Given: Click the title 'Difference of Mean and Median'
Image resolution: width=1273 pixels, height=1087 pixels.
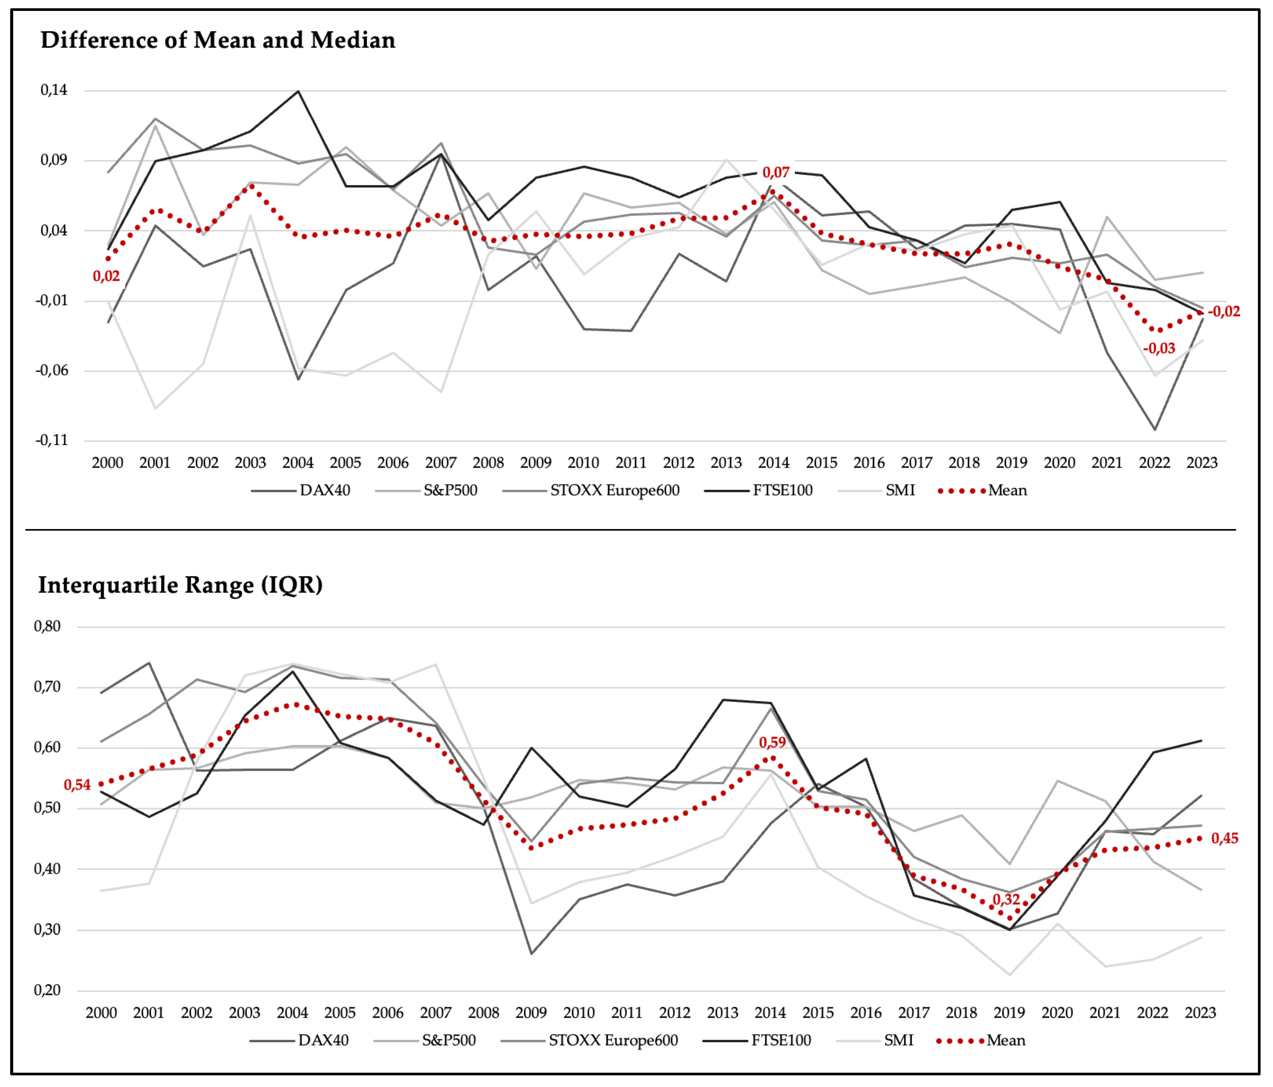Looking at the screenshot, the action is pyautogui.click(x=218, y=40).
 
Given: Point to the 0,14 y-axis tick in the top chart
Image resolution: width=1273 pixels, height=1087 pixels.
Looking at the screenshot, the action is pyautogui.click(x=54, y=90).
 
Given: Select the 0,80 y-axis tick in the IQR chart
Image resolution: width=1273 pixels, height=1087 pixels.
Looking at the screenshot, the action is pyautogui.click(x=47, y=626).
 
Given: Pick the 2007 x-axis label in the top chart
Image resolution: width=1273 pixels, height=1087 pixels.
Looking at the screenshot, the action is pyautogui.click(x=441, y=463).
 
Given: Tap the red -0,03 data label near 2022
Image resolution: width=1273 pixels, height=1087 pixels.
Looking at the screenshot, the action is pyautogui.click(x=1159, y=348).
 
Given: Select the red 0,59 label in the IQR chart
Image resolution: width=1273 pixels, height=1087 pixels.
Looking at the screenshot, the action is pyautogui.click(x=772, y=742).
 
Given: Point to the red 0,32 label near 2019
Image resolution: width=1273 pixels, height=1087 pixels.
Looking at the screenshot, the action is pyautogui.click(x=1006, y=899).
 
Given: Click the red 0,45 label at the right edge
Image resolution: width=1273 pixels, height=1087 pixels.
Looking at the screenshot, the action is pyautogui.click(x=1224, y=838).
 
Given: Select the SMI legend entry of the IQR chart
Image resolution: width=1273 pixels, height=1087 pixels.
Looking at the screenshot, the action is pyautogui.click(x=875, y=1040).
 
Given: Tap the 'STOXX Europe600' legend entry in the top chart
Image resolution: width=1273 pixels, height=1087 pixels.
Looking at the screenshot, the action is pyautogui.click(x=591, y=490).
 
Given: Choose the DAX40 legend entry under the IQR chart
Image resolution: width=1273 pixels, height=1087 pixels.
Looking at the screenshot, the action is pyautogui.click(x=299, y=1040).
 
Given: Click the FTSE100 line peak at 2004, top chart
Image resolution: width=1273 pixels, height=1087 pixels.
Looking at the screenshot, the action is pyautogui.click(x=298, y=91).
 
